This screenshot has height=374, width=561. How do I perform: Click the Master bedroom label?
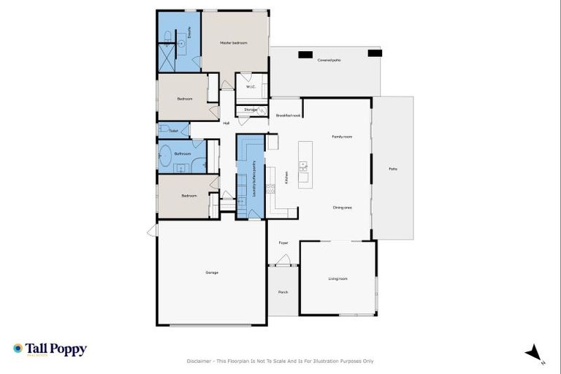(234, 43)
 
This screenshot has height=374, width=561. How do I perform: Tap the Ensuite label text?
(189, 32)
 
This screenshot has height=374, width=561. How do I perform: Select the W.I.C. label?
(250, 87)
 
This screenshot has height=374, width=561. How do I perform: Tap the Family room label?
(342, 137)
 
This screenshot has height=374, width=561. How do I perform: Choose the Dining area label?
(343, 207)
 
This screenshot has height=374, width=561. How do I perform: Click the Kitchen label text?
(286, 178)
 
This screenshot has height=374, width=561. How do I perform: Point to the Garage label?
(212, 272)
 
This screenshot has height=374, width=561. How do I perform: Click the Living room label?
(337, 278)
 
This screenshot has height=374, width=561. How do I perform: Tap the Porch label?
(283, 291)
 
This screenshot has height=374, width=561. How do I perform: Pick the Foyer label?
(283, 243)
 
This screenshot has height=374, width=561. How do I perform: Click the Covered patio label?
(329, 60)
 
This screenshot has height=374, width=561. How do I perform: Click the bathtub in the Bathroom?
(165, 156)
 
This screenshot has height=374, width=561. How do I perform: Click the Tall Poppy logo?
(50, 349)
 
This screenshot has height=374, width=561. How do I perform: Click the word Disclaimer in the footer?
(200, 361)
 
